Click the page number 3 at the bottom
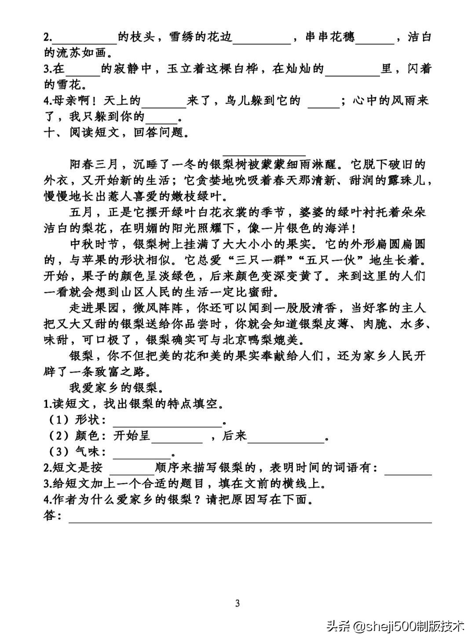237,603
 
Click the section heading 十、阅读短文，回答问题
117,133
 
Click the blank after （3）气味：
142,454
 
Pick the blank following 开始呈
177,439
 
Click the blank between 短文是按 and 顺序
134,469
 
